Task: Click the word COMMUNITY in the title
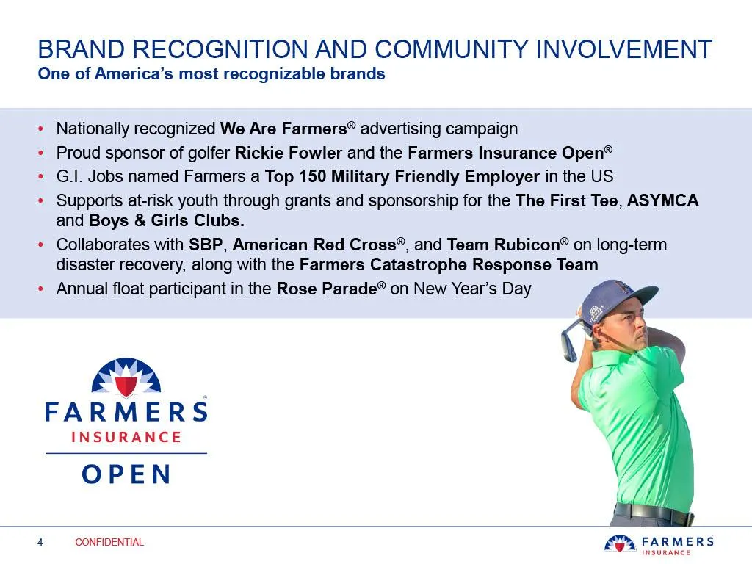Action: pos(452,49)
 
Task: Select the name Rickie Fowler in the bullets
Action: pos(288,153)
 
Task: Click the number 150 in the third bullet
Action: pos(313,176)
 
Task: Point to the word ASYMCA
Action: pos(663,200)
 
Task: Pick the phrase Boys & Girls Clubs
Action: pos(167,220)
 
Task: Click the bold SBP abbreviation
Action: pos(206,245)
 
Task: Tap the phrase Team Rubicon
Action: pos(504,245)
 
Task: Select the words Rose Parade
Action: pos(327,289)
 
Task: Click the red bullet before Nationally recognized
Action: pos(41,129)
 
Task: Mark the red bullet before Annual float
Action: pos(41,289)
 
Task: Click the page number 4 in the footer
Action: pos(40,542)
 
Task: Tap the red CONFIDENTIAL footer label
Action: pos(109,542)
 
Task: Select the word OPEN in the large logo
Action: pos(126,474)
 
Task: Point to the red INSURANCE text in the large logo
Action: pos(126,437)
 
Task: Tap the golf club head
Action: pos(568,345)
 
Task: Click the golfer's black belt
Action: pos(653,513)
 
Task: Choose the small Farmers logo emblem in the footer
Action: pos(620,543)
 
